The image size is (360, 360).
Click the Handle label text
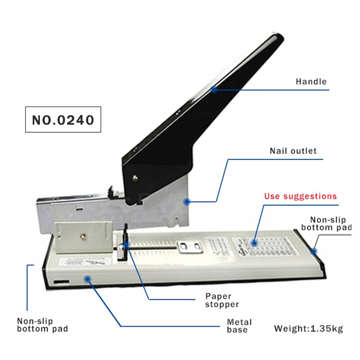click(x=311, y=82)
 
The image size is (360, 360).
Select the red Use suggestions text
click(x=300, y=196)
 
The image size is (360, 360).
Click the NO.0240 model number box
click(x=63, y=120)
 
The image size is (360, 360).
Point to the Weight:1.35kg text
click(x=308, y=328)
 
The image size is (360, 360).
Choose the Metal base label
click(x=239, y=326)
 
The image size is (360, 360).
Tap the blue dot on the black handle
click(x=214, y=90)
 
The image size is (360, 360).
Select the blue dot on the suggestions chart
click(x=254, y=243)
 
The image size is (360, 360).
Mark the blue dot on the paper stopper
click(x=126, y=245)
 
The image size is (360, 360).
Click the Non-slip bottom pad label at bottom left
click(x=42, y=325)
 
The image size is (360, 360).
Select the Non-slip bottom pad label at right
click(x=326, y=224)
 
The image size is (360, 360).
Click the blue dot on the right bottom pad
click(x=315, y=251)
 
